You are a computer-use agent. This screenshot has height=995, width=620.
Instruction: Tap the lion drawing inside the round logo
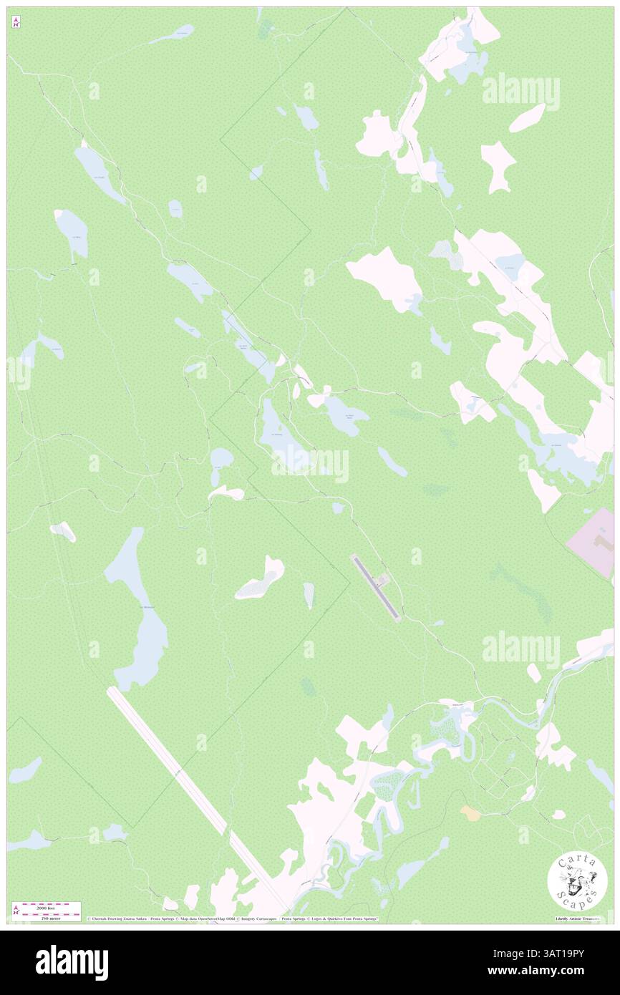coord(577,881)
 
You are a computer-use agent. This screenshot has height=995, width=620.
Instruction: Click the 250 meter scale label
coord(48,918)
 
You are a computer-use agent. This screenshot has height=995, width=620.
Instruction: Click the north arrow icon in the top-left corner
coord(16,22)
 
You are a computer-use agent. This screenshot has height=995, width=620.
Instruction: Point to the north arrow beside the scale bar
coord(16,911)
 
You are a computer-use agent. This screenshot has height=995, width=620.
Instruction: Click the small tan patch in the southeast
coord(470,812)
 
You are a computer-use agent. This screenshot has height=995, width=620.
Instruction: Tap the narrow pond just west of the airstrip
coord(309,595)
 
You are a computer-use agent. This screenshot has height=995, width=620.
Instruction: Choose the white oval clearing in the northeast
coord(528,118)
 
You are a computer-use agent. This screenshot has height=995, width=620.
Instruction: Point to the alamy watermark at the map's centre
coord(310,465)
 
